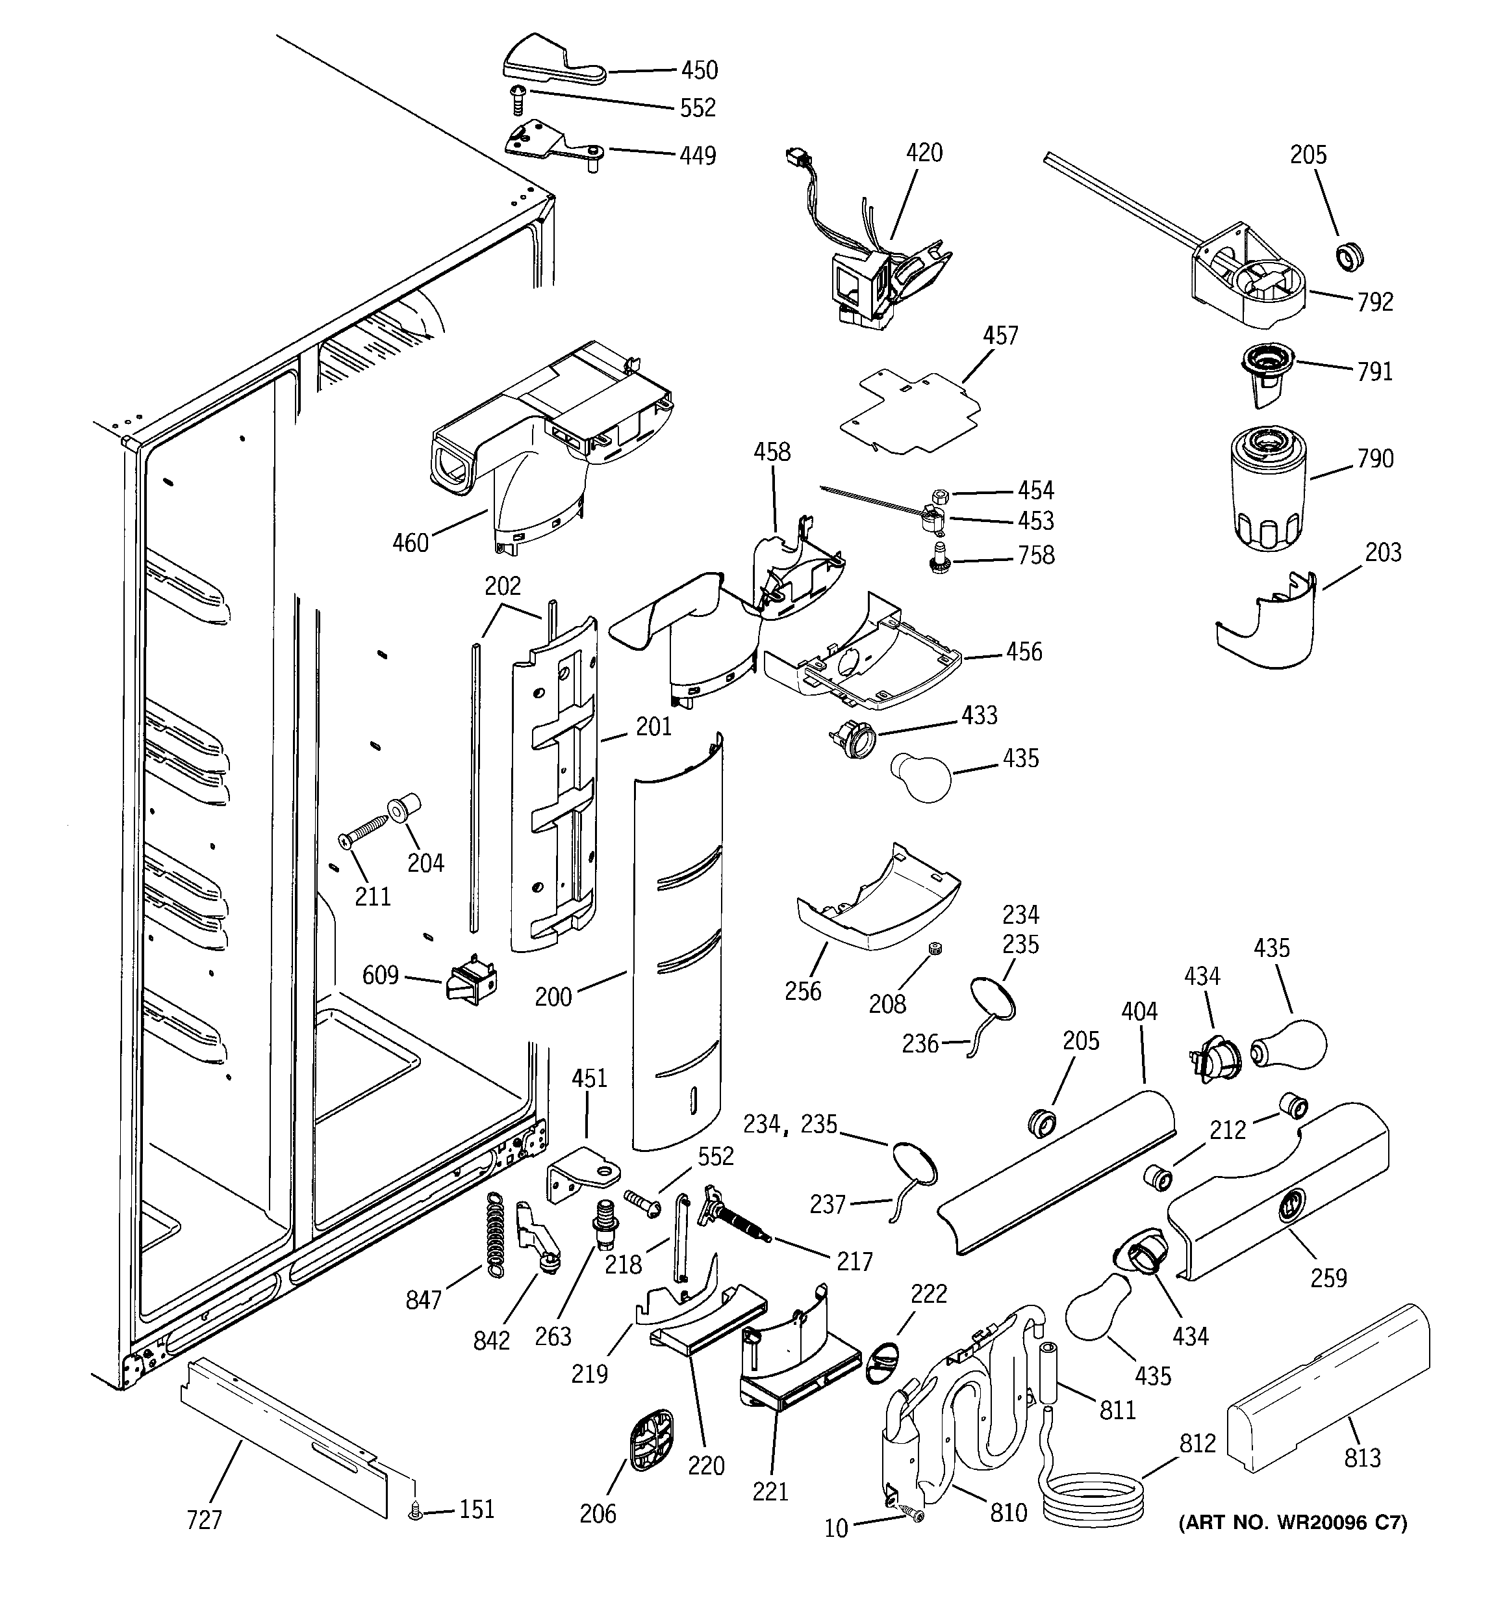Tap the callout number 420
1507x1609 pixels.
coord(924,153)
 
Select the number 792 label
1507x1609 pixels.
coord(1375,302)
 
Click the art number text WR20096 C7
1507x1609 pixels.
coord(1292,1523)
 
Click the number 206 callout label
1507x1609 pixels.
coord(598,1513)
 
